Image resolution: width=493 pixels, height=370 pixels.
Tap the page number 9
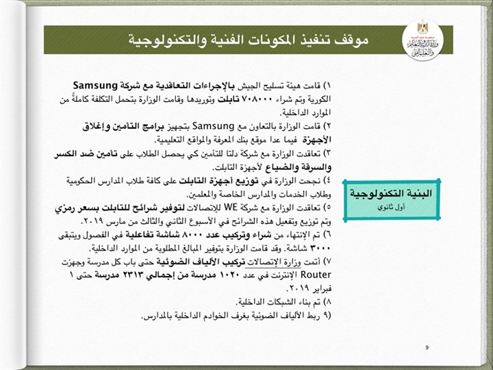(x=426, y=348)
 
